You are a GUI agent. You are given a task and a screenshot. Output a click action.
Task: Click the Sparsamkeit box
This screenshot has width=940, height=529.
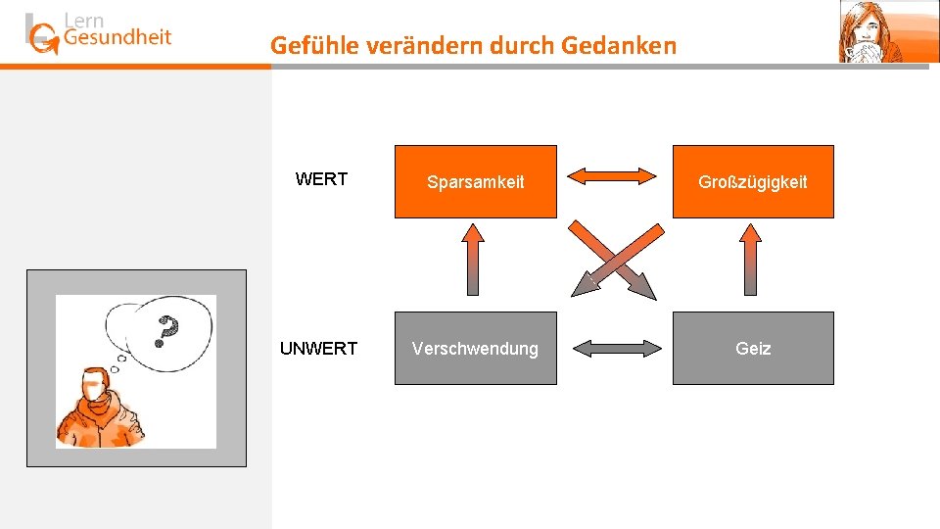pos(475,181)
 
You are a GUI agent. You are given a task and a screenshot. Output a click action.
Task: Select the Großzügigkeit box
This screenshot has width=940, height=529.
pos(752,181)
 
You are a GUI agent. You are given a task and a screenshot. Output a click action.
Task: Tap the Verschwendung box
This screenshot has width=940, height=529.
pos(475,348)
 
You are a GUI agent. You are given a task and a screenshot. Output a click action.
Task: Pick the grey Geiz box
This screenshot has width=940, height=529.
pos(752,348)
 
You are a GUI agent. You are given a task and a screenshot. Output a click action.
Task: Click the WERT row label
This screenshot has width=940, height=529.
pos(321,179)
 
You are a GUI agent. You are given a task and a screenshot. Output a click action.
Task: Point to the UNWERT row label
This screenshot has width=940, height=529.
pos(318,349)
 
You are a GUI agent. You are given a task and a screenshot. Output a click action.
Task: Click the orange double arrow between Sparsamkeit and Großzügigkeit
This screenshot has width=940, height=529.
pos(614,176)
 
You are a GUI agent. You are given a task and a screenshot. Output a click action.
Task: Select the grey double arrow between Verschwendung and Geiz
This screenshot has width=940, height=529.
pos(614,347)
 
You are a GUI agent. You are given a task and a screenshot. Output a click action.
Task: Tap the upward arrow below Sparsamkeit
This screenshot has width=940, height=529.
pos(474,259)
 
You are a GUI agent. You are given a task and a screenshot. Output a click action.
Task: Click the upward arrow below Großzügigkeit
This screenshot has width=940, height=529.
pos(751,259)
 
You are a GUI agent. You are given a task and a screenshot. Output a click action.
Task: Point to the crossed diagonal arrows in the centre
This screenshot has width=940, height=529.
pos(614,260)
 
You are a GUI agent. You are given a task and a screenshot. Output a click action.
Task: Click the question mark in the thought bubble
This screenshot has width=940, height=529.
pos(168,331)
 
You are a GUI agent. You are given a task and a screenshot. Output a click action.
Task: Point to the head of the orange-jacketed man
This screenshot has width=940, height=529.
pos(94,385)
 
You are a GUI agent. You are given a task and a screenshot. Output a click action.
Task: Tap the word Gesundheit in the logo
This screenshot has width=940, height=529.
pos(117,38)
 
